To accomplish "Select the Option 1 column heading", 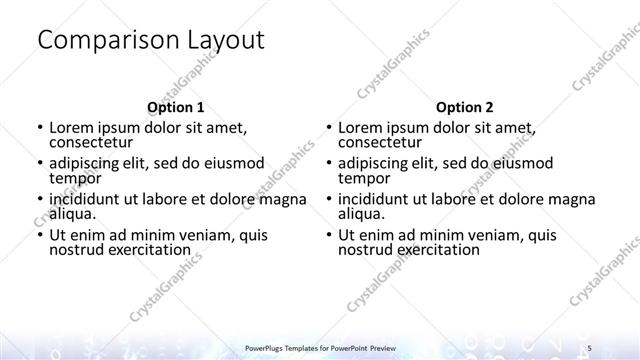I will point(175,107).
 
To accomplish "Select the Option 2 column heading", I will point(464,107).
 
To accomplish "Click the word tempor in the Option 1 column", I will point(75,178).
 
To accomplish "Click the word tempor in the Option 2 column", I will point(364,178).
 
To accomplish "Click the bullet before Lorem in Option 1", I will point(39,128).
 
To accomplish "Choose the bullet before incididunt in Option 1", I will point(39,199).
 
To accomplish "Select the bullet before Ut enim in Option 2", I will point(328,235).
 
